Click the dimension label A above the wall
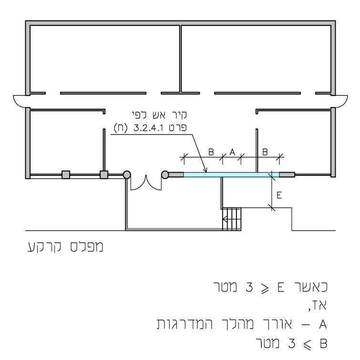[x=232, y=152]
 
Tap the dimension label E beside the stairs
[x=279, y=195]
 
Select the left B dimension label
[x=211, y=152]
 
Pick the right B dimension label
[x=265, y=152]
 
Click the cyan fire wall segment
[x=231, y=175]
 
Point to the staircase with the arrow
[x=232, y=219]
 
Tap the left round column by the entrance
[x=127, y=175]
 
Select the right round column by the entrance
[x=165, y=175]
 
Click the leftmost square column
[x=66, y=175]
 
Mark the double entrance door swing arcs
[x=146, y=183]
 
